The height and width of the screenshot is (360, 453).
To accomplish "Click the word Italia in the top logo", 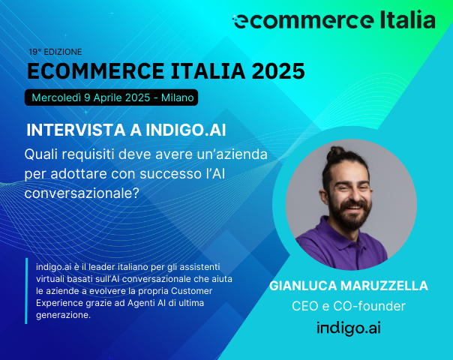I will pyautogui.click(x=403, y=19).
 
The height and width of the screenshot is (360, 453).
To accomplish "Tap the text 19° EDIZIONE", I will pyautogui.click(x=55, y=52).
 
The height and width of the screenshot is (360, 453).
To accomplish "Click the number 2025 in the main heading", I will pyautogui.click(x=278, y=72).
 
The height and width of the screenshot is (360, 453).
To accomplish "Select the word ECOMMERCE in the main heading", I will pyautogui.click(x=87, y=72).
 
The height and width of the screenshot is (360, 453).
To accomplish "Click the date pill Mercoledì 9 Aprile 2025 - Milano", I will pyautogui.click(x=112, y=97).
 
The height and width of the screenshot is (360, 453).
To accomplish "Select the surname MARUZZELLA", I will pyautogui.click(x=389, y=286).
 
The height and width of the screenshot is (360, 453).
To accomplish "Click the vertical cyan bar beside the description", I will pyautogui.click(x=27, y=291).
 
